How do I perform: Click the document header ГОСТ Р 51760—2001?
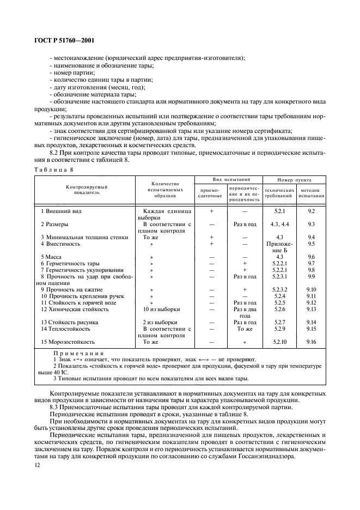pyautogui.click(x=59, y=40)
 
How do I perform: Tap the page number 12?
pyautogui.click(x=38, y=465)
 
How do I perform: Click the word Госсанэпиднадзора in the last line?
pyautogui.click(x=293, y=456)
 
